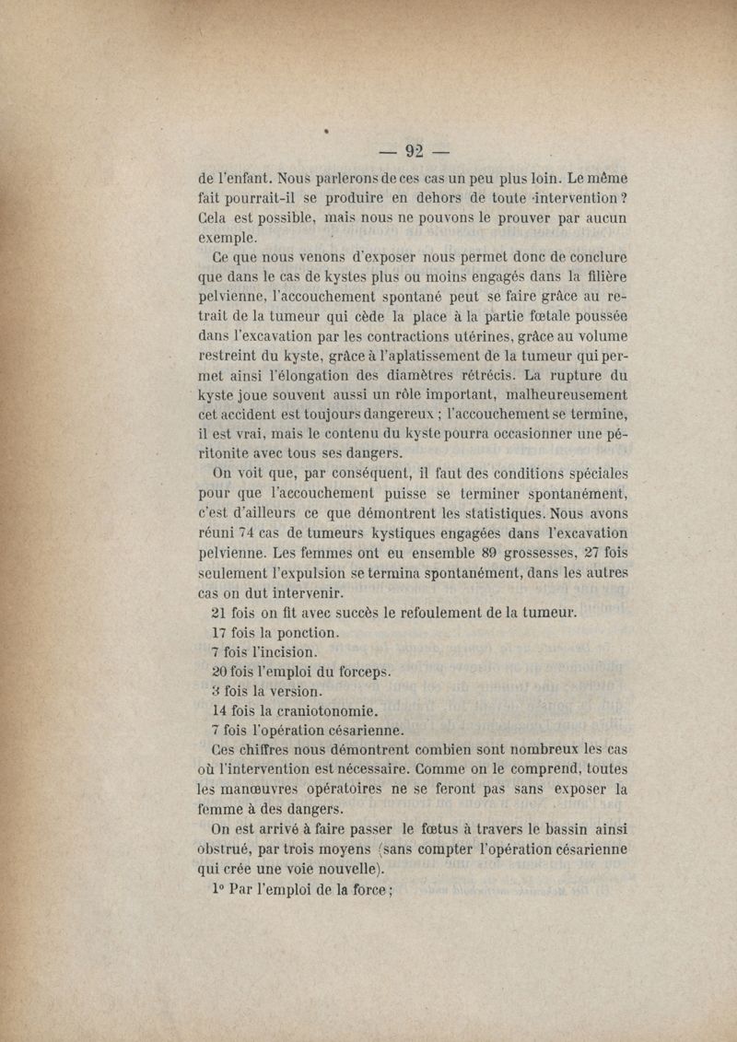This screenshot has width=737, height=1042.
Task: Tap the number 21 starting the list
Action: coord(220,613)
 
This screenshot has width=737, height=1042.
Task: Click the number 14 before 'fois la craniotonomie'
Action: coord(219,711)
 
